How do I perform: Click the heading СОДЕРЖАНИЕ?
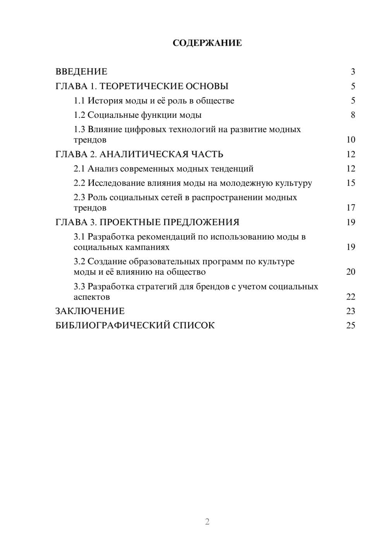tap(207, 43)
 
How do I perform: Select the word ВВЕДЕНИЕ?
tap(81, 72)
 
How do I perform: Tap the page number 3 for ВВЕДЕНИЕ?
tap(353, 72)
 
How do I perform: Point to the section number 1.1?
tap(79, 101)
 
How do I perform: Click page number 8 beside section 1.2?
tap(353, 115)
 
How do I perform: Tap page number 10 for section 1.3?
tap(351, 140)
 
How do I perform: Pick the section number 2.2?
tap(79, 183)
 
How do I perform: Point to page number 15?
tap(351, 183)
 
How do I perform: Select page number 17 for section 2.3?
tap(351, 208)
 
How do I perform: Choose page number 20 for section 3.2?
tap(351, 272)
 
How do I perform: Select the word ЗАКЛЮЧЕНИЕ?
tap(90, 311)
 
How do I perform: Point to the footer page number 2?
tap(207, 522)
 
